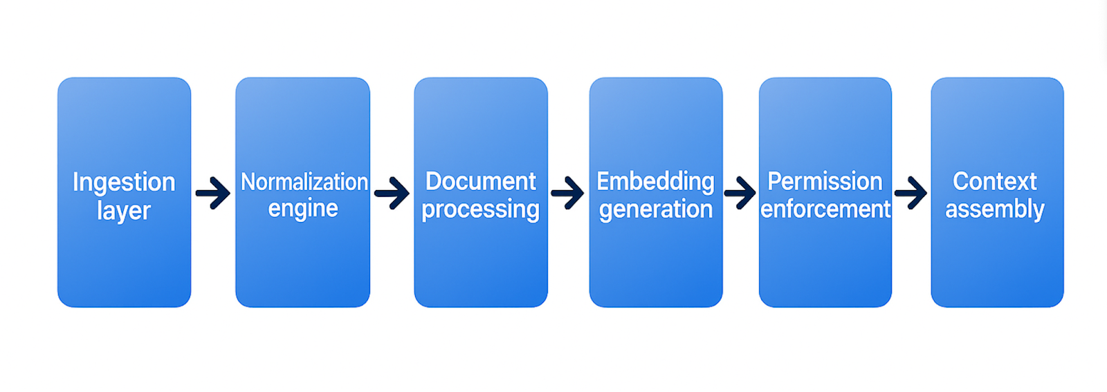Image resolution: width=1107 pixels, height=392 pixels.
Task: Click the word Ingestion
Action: (x=124, y=183)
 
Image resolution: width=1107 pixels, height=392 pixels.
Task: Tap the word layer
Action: (x=124, y=210)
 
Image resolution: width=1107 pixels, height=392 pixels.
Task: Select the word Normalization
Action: (x=304, y=182)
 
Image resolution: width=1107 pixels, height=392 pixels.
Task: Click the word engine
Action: (x=303, y=209)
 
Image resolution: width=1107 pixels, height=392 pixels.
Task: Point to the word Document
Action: (x=480, y=181)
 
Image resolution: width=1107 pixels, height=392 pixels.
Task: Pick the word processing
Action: (x=480, y=209)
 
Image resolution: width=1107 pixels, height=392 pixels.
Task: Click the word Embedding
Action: (x=655, y=181)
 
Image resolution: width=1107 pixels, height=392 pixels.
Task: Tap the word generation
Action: (x=655, y=209)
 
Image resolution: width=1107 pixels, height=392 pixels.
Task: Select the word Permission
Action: (x=825, y=181)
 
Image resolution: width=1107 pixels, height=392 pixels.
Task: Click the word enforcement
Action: (x=825, y=209)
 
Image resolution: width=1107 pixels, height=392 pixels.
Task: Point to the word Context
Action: (x=994, y=181)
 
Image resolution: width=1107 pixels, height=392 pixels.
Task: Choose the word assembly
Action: (x=995, y=209)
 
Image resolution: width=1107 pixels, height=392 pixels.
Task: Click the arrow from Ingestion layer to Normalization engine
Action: (x=213, y=193)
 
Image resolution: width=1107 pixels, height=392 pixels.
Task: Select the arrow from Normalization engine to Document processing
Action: (x=392, y=193)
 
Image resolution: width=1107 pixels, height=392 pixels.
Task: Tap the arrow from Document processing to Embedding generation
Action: (x=568, y=193)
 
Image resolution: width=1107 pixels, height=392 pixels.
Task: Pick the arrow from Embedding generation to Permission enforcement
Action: (x=740, y=193)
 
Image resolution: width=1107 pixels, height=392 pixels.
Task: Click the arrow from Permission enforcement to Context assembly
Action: (x=911, y=193)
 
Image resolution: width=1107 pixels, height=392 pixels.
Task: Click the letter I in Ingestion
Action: (x=75, y=182)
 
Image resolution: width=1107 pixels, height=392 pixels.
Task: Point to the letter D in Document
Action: (x=433, y=181)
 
